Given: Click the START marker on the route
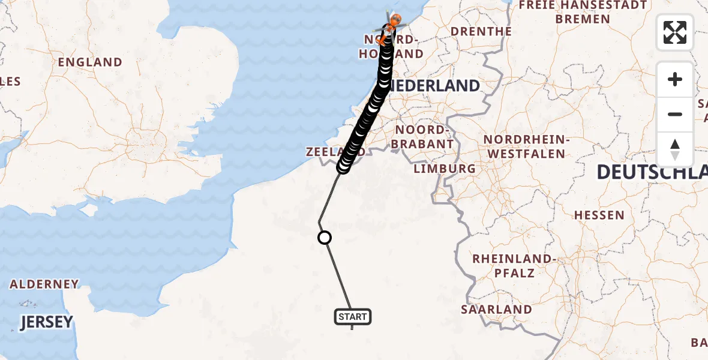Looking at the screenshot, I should (x=353, y=316).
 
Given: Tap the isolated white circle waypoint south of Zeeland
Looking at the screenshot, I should (x=324, y=238).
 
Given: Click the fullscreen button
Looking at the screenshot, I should (x=675, y=32).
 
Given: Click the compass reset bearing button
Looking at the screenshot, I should (x=675, y=149).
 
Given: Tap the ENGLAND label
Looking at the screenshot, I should (x=90, y=62).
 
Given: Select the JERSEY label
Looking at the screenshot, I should (x=46, y=322).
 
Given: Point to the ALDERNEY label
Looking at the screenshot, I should (x=44, y=284).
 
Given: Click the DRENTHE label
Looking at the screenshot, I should (x=481, y=31).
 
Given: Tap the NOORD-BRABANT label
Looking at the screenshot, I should (x=422, y=137).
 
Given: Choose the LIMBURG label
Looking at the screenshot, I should (x=445, y=169).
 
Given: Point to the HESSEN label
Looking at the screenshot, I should (x=599, y=215).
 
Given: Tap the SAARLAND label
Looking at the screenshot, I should (x=496, y=310).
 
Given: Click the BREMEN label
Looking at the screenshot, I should (x=583, y=19).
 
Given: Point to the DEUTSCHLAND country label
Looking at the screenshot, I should (x=652, y=173).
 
